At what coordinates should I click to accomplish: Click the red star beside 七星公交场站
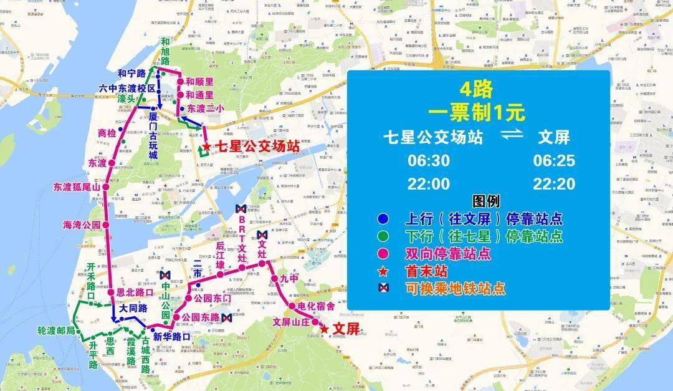(206, 148)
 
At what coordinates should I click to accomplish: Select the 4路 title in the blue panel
(476, 90)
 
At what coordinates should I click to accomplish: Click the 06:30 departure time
(428, 161)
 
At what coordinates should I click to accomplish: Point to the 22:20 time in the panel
(554, 184)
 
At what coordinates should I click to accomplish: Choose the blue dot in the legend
(382, 219)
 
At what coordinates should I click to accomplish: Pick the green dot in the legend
(382, 236)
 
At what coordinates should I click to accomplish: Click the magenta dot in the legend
(382, 254)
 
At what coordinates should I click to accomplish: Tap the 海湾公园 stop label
(81, 224)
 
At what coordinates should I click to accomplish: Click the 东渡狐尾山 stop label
(76, 186)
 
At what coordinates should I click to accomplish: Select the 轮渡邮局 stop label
(56, 330)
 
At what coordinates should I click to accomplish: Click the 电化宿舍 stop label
(316, 306)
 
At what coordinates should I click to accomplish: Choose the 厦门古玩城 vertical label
(153, 137)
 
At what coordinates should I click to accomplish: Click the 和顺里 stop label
(199, 82)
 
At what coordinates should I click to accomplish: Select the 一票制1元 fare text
(476, 113)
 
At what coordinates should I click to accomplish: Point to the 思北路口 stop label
(135, 291)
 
